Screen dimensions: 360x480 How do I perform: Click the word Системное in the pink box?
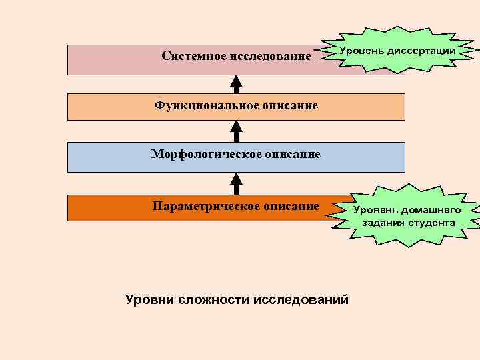click(194, 56)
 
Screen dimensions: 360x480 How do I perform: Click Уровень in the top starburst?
click(361, 51)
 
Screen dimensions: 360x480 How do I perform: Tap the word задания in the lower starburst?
click(384, 222)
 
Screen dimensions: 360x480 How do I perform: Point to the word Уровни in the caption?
click(150, 300)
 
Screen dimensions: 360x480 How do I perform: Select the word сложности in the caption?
click(213, 300)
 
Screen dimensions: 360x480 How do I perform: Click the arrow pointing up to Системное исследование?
click(235, 84)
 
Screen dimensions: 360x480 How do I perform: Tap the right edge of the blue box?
click(404, 157)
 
